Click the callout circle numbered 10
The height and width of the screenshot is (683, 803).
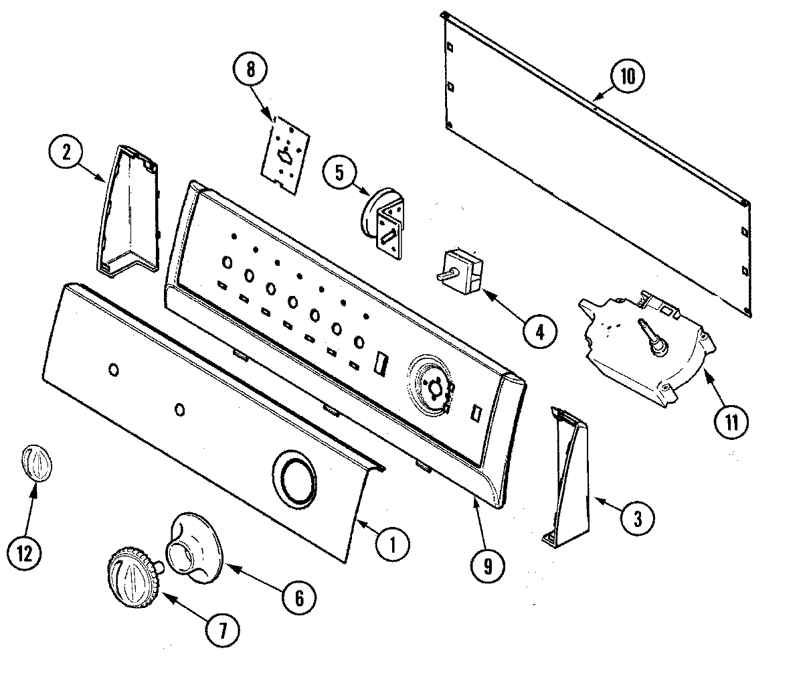point(626,77)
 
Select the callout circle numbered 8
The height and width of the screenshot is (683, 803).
point(250,70)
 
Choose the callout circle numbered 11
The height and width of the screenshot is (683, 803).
point(731,423)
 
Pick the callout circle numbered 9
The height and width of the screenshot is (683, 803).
point(487,566)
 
